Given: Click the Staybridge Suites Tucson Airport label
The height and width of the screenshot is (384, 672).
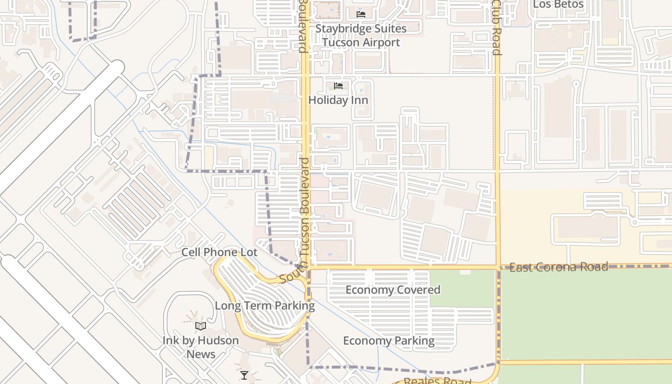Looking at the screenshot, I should click(x=361, y=36).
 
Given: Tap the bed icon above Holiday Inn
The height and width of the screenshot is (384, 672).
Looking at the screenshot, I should click(x=338, y=86).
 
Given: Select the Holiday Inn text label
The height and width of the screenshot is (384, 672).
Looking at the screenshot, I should click(x=338, y=100).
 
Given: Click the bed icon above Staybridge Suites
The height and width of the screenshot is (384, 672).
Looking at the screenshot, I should click(x=361, y=14).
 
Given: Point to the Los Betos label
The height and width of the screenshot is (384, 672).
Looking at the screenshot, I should click(x=558, y=5).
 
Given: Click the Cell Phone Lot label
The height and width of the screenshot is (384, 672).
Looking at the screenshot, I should click(x=219, y=252).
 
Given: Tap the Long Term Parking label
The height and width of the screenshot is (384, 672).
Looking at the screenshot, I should click(x=264, y=306).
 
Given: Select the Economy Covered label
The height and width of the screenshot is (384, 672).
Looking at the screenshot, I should click(x=393, y=290).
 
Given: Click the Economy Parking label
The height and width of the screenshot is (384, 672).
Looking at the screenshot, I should click(x=389, y=341).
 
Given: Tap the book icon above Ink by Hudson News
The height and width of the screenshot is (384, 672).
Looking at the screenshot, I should click(x=201, y=326).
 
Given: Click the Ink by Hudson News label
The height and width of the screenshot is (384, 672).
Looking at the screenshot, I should click(x=201, y=347).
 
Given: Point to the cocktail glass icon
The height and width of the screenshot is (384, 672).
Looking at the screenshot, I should click(x=244, y=375).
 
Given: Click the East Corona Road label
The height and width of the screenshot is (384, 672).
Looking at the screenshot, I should click(x=559, y=267).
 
